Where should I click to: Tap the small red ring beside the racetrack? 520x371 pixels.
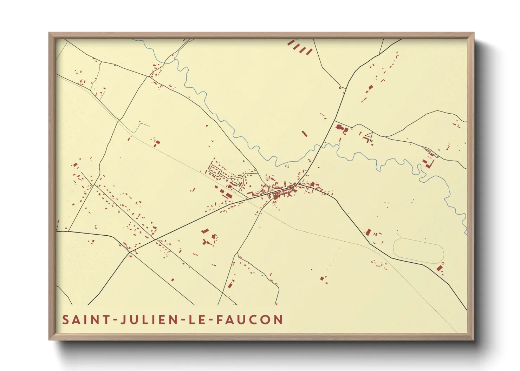[443, 263]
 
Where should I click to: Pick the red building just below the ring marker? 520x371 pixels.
[439, 268]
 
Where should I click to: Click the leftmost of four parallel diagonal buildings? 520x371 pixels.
[291, 43]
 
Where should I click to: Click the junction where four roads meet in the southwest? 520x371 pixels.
[130, 252]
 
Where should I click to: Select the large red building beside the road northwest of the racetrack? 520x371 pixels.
[368, 232]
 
